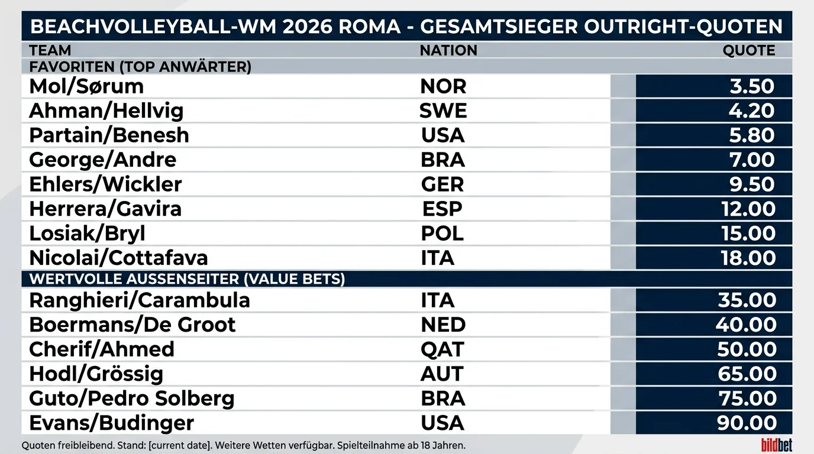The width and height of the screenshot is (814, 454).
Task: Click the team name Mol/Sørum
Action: [x=86, y=86]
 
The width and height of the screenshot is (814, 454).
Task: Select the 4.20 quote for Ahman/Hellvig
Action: [x=751, y=111]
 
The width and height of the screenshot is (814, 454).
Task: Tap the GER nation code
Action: [x=442, y=184]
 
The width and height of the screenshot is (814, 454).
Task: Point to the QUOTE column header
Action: [x=748, y=50]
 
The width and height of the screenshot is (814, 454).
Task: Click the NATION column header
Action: [x=448, y=50]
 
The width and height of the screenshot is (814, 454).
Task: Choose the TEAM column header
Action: [x=50, y=50]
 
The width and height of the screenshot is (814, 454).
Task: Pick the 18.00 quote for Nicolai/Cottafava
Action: [x=748, y=258]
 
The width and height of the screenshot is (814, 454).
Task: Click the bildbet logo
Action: [x=777, y=445]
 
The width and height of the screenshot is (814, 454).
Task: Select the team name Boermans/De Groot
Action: [x=133, y=325]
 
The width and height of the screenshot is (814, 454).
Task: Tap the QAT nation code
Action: [x=442, y=349]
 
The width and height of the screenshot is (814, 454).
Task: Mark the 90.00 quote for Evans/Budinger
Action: [x=747, y=423]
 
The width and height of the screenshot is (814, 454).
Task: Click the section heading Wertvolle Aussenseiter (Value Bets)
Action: [x=187, y=279]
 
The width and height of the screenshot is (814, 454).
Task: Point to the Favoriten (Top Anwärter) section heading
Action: [x=140, y=67]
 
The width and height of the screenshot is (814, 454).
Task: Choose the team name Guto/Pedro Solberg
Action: [x=131, y=398]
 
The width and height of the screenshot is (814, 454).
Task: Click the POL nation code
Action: [x=442, y=233]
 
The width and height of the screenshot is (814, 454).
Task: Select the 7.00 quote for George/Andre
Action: [x=752, y=160]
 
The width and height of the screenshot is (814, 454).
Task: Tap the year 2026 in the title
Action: [x=308, y=26]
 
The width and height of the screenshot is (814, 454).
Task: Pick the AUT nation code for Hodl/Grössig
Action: [x=442, y=374]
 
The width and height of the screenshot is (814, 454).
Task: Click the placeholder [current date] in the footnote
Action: [x=179, y=446]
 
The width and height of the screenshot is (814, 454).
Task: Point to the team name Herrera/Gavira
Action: [x=105, y=209]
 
